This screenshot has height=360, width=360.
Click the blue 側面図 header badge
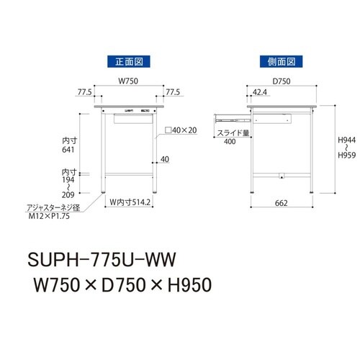280,62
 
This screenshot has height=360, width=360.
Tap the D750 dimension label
282,81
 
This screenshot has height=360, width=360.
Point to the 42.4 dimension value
261,93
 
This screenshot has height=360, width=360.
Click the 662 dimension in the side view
282,204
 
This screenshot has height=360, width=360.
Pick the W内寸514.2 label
130,204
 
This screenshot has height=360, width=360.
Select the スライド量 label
230,133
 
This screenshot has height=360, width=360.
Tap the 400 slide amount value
230,143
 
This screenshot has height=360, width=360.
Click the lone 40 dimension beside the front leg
165,160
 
